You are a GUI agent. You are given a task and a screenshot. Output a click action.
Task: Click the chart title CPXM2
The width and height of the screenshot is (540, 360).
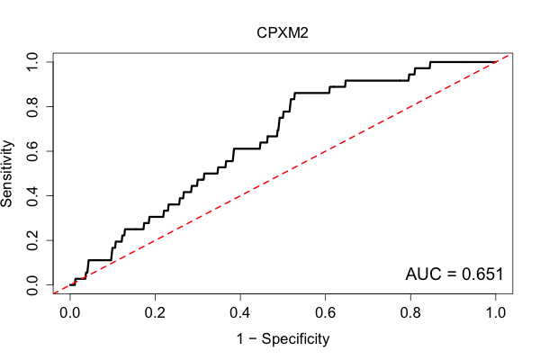(x=283, y=33)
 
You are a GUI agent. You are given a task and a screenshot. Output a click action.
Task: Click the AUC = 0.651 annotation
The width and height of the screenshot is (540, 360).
(x=454, y=274)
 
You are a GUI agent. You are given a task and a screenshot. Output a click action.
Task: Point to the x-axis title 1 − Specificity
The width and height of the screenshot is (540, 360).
(x=283, y=339)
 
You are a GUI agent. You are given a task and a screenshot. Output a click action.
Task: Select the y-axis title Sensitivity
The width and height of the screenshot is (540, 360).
(x=7, y=174)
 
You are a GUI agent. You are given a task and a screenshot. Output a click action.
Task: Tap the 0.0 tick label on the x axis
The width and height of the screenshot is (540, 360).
(x=70, y=313)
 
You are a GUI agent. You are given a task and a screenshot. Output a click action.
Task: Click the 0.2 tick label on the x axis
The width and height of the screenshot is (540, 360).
(x=155, y=313)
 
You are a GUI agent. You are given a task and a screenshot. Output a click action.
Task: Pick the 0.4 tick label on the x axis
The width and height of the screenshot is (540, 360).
(x=240, y=313)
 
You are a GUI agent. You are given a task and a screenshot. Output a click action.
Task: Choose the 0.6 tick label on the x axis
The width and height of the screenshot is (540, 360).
(x=325, y=313)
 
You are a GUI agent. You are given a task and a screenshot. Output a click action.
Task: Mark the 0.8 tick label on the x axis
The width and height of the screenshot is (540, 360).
(x=410, y=313)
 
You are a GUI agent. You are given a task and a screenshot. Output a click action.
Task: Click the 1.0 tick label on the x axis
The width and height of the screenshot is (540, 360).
(x=496, y=313)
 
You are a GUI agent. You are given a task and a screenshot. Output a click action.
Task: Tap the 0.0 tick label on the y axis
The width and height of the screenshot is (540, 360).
(x=32, y=285)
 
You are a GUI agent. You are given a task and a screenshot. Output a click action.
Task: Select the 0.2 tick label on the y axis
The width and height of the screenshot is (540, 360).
(x=32, y=240)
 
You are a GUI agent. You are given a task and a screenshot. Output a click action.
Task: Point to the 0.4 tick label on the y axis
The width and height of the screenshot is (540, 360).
(x=32, y=195)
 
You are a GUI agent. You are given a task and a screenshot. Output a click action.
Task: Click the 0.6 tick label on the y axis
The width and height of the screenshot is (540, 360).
(x=32, y=151)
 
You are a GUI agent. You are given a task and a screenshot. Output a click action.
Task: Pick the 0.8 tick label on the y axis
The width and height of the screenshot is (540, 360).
(x=32, y=107)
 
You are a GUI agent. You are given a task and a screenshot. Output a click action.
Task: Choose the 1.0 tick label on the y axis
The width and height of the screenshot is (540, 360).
(x=32, y=62)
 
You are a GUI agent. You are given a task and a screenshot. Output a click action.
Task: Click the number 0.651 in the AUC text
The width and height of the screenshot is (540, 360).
(x=482, y=274)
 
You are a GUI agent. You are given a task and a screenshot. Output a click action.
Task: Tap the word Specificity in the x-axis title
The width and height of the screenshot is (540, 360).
(x=295, y=339)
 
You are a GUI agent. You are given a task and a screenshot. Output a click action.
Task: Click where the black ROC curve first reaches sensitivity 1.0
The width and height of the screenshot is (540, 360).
(x=430, y=62)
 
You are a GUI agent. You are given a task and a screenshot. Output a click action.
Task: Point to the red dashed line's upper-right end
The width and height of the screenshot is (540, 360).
(x=508, y=55)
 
